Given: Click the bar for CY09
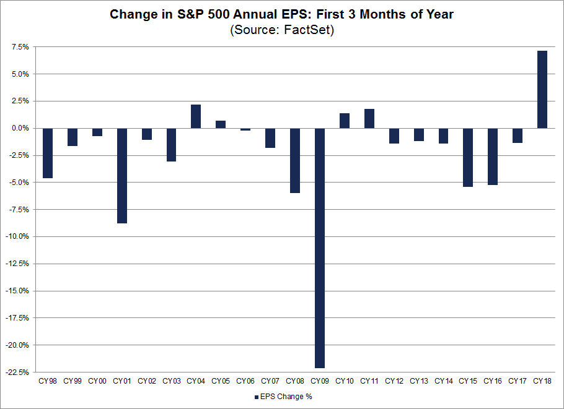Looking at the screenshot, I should point(320,248).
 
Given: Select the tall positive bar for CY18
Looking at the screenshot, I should point(542,90).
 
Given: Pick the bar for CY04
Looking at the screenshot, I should point(196,116).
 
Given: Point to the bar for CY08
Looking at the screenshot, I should point(295,160).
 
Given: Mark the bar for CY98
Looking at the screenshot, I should point(48,153).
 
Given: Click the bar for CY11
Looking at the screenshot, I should point(369,119).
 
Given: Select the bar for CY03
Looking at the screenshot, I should point(171,144).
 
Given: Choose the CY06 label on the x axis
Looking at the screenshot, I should point(245,381).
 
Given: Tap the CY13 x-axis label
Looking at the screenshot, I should point(418,381).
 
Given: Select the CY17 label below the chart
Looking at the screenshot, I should point(518,381).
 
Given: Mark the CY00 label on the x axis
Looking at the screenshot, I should point(97,381).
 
